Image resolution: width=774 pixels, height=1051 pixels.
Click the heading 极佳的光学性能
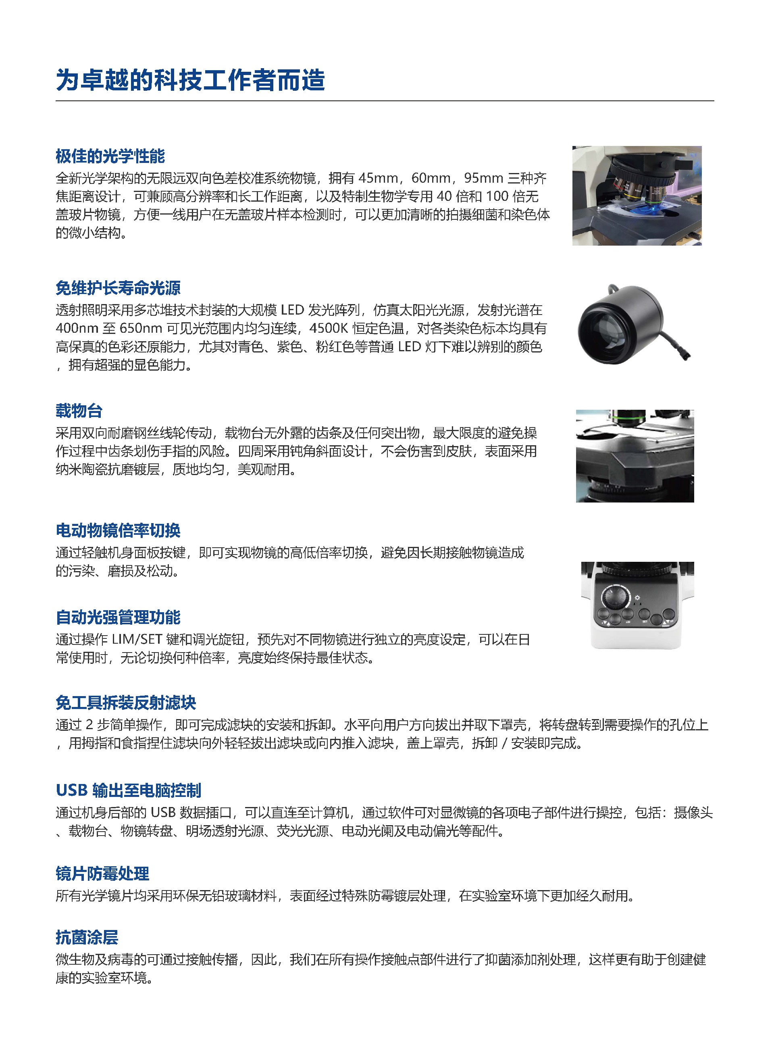point(110,156)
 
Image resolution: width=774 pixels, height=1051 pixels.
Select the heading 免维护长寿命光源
point(118,288)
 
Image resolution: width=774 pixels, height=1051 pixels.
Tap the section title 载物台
point(79,411)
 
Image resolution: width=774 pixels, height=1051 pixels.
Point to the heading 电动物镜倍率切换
point(118,531)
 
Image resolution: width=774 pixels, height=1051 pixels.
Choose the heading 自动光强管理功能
point(118,617)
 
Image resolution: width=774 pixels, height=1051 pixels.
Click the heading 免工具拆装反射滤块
point(125,703)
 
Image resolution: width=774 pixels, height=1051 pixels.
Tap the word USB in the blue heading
point(72,790)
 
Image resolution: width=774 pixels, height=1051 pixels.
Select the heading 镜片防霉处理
point(102,874)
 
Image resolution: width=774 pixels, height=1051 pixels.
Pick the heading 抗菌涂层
point(87,938)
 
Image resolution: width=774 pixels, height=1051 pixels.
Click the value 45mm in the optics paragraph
point(378,179)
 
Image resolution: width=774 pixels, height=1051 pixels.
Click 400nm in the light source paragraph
point(76,329)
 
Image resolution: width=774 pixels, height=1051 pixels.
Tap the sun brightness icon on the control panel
point(637,598)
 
